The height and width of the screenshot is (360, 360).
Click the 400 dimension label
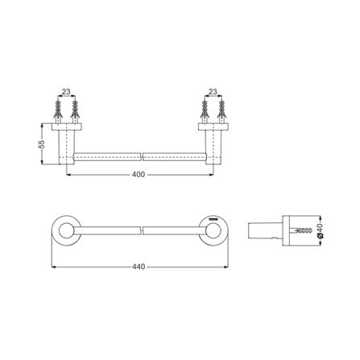pos(139,175)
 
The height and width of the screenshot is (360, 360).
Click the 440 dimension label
pos(139,267)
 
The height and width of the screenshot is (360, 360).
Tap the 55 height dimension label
pos(42,144)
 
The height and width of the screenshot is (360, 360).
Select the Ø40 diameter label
pos(319,231)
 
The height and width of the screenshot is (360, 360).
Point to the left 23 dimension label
pos(66,92)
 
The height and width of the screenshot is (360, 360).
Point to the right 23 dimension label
pos(213,92)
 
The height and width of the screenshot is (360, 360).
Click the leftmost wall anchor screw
pos(58,112)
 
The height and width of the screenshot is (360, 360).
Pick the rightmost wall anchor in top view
pos(221,112)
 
